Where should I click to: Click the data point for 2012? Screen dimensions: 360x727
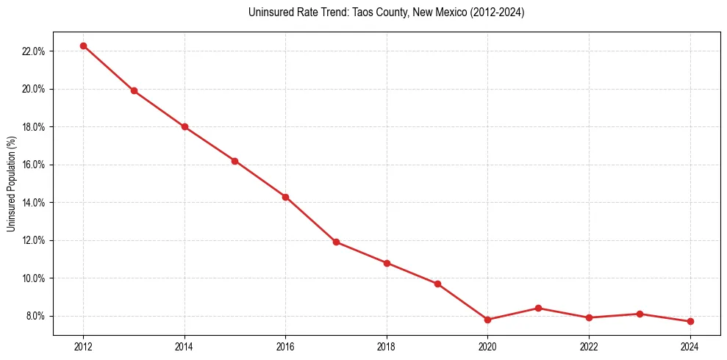83,46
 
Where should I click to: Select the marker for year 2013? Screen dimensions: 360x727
134,91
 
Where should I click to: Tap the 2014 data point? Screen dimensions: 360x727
185,126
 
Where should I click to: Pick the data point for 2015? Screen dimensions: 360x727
234,161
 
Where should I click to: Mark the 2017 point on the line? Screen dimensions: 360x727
336,242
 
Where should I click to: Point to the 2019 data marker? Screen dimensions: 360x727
437,284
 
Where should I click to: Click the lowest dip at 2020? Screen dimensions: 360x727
487,320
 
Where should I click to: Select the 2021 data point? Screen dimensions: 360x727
538,308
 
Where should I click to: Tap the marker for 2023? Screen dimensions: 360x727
640,314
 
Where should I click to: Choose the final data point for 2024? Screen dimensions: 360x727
690,321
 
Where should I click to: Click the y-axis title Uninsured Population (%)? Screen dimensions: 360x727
11,184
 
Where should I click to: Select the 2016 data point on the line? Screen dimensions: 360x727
285,197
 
